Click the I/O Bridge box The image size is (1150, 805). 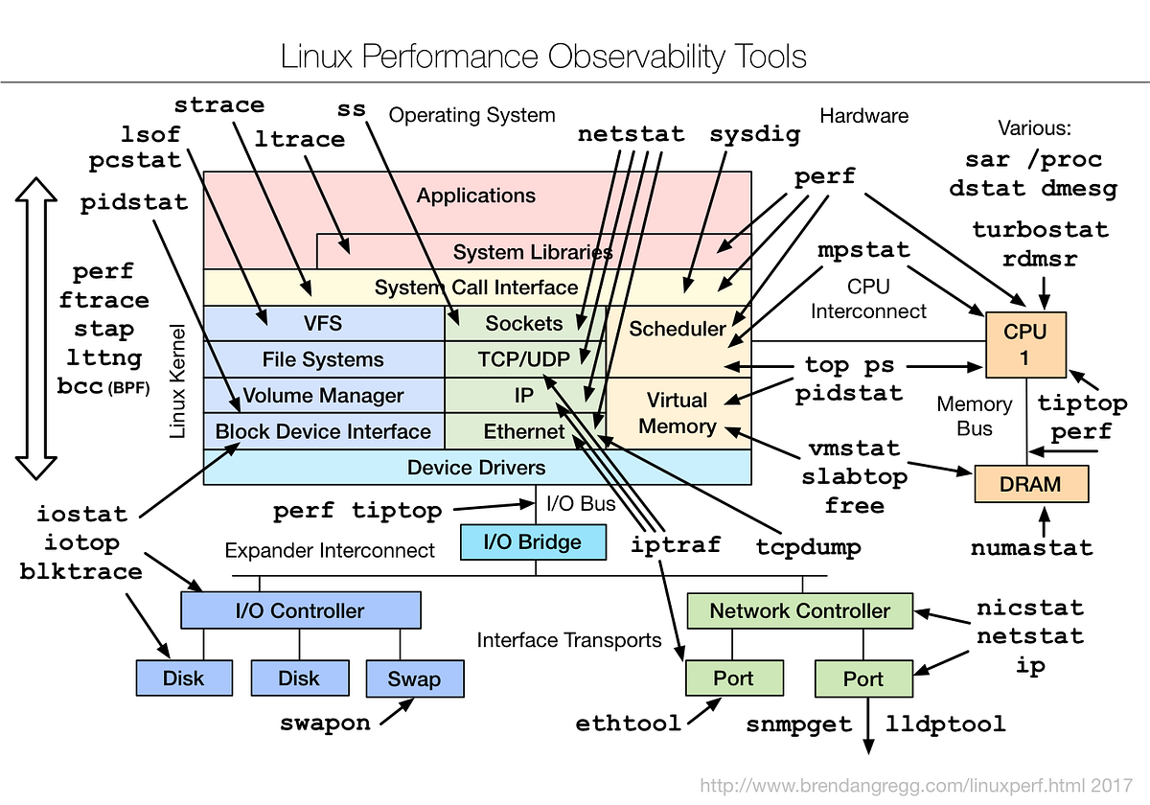(x=534, y=541)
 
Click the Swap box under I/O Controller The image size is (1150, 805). (x=414, y=678)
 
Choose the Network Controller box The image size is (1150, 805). (x=799, y=610)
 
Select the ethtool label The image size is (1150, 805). (x=629, y=723)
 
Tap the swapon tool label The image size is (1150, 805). (x=325, y=722)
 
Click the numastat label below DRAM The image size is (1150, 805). (x=1031, y=548)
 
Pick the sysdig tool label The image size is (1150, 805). (x=754, y=134)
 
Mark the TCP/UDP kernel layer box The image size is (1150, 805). (x=524, y=359)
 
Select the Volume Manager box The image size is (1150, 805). (x=323, y=395)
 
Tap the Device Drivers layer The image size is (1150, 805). (x=476, y=468)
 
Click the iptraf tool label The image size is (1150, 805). (x=676, y=544)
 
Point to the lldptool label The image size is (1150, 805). (x=946, y=724)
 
